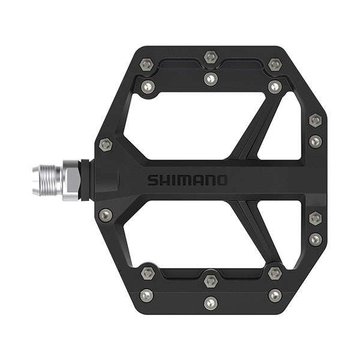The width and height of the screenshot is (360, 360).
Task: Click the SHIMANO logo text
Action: tap(187, 180)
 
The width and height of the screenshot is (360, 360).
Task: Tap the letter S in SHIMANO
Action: tap(153, 180)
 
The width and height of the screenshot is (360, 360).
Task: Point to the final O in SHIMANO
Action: tap(222, 180)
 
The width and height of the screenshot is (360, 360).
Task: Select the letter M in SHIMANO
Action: tap(186, 180)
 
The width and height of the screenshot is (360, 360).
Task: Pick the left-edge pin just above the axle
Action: tap(106, 145)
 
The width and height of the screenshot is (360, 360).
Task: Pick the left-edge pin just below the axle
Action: tap(106, 214)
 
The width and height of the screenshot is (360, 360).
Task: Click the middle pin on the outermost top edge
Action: tap(210, 57)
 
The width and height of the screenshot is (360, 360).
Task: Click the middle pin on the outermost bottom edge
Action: tap(210, 303)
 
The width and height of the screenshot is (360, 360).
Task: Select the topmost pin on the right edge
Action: tap(315, 120)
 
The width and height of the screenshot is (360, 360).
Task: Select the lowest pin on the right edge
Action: tap(315, 240)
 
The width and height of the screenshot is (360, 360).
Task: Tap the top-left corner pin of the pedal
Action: tap(146, 64)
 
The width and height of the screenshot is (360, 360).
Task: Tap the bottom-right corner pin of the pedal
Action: tap(275, 295)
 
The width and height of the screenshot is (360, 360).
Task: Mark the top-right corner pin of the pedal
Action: tap(275, 64)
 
